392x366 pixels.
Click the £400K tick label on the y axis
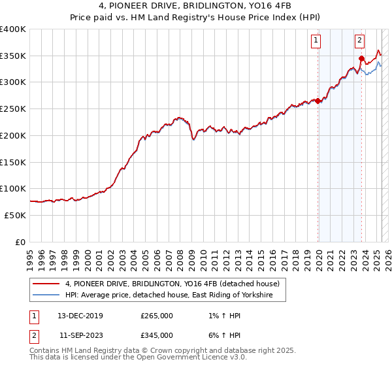coord(13,29)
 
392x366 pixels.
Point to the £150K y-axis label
coord(13,162)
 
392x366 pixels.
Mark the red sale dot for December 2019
coord(318,101)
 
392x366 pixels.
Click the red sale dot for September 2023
coord(361,59)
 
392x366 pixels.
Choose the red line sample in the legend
coord(46,284)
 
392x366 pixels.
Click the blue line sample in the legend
coord(46,296)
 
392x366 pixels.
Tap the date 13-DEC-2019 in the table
coord(80,316)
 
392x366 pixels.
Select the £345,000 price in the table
coord(157,335)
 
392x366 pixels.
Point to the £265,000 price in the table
coord(157,316)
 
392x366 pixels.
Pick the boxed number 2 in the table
coord(33,335)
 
